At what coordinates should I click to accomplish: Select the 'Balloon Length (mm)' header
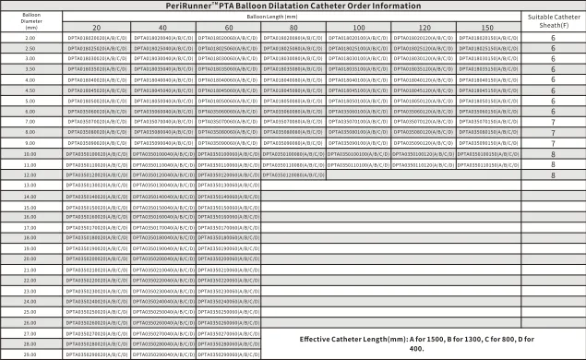(292, 16)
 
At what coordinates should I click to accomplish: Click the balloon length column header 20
(96, 28)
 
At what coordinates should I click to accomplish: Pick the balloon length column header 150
(487, 28)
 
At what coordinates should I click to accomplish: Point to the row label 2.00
(30, 38)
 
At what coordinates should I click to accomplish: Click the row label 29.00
(30, 354)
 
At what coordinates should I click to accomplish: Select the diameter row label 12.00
(30, 174)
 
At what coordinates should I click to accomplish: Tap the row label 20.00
(30, 259)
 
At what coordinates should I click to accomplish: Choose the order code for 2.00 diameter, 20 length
(96, 38)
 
